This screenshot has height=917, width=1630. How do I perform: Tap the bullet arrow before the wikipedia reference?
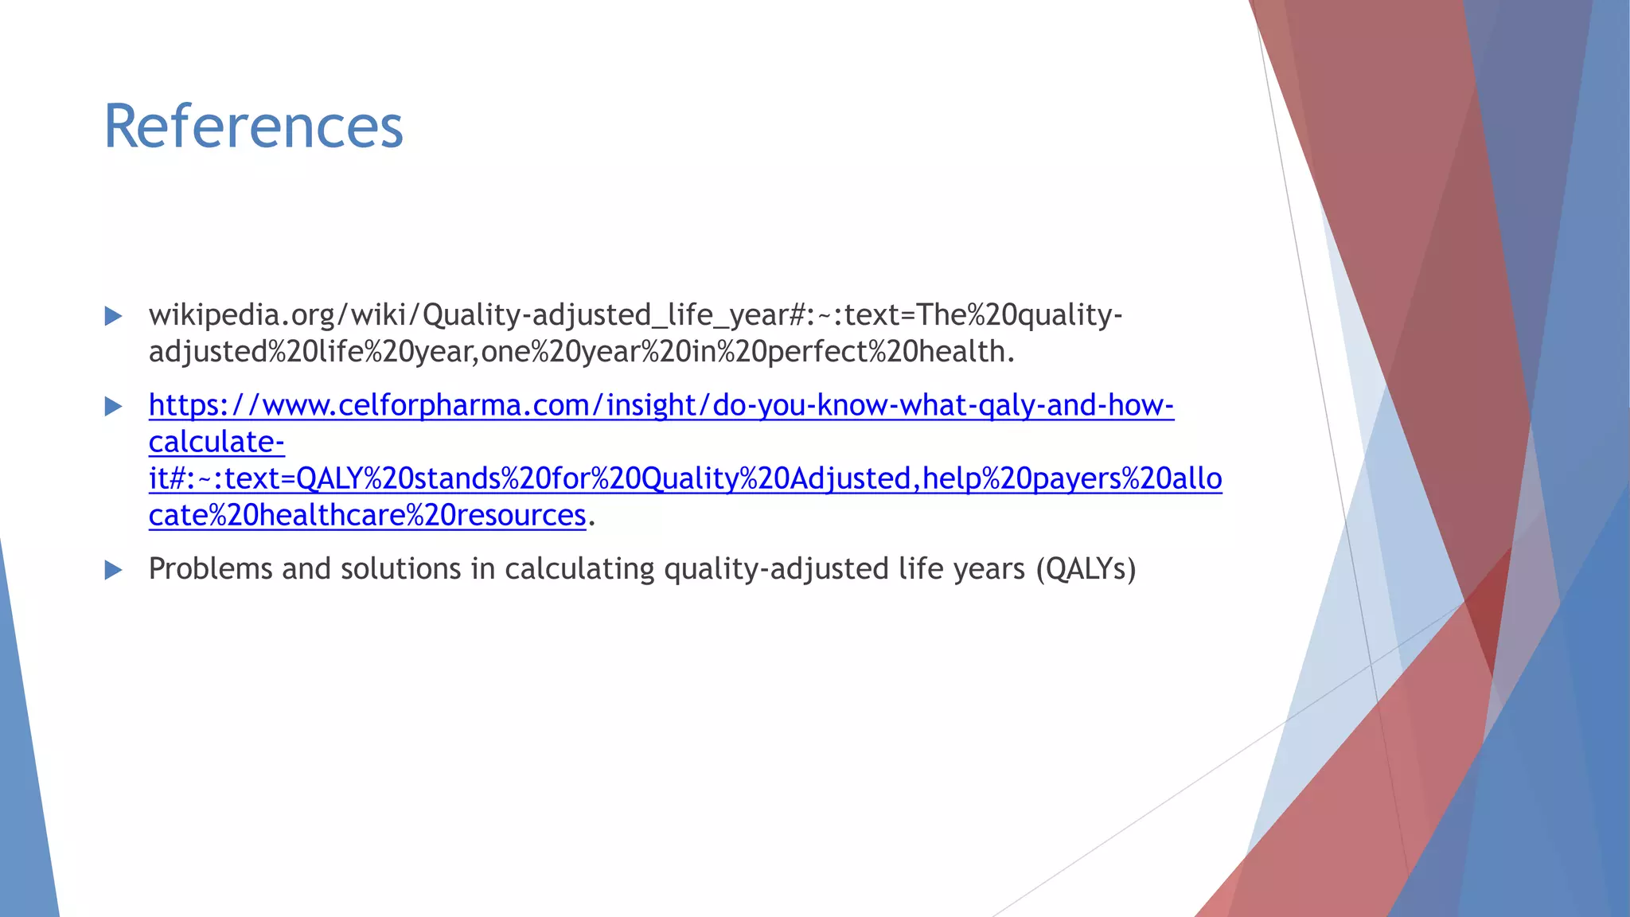114,316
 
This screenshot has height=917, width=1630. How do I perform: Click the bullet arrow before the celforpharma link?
114,407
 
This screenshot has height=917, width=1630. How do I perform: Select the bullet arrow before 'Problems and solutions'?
114,570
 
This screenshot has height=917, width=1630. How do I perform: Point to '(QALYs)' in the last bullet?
1086,569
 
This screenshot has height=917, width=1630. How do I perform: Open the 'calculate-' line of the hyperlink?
216,443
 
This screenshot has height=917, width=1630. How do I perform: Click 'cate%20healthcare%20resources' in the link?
367,516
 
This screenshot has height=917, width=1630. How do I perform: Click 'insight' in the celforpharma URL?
651,406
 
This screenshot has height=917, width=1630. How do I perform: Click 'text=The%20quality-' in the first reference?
982,315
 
